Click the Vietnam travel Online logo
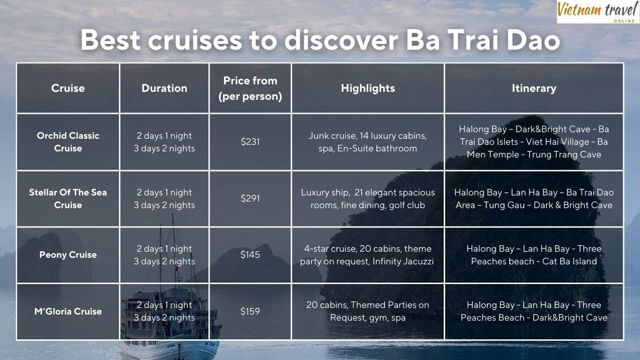coord(598,11)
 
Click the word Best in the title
coord(110,40)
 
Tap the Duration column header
coord(164,88)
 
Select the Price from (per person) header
coord(250,88)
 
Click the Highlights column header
coord(368,88)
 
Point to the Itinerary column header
coord(534,88)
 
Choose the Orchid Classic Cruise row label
coord(68,142)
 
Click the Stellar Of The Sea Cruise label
coord(68,198)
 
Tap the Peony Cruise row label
coord(68,255)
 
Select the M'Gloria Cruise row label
coord(68,311)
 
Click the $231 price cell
coord(250,142)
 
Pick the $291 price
coord(250,198)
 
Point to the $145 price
coord(250,255)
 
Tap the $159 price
coord(250,311)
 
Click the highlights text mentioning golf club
coord(368,199)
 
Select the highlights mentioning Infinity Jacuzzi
coord(367,255)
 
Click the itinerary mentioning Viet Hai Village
coord(534,142)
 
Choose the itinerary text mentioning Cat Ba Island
coord(534,255)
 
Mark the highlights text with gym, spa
coord(368,311)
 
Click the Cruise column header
coord(68,88)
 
